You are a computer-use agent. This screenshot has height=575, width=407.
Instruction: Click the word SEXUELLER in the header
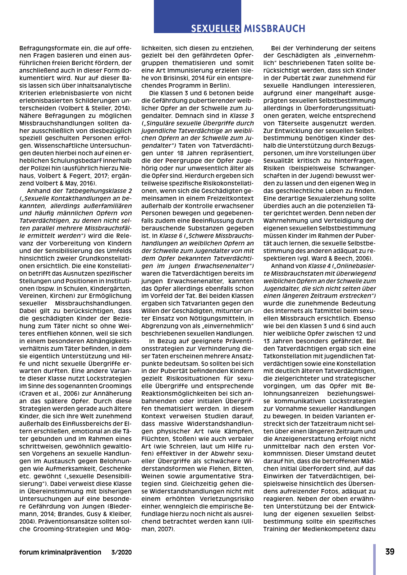coord(215,29)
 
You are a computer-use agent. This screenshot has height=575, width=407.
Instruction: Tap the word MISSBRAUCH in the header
coord(274,29)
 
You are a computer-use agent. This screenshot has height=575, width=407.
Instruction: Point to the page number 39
coord(390,552)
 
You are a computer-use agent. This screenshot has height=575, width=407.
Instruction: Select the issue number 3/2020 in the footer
coord(122,552)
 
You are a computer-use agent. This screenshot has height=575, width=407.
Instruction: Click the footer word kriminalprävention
coord(71,552)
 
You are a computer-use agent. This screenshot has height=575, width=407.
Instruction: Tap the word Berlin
coord(219,86)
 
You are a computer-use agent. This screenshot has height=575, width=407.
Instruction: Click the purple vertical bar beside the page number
coord(374,559)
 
